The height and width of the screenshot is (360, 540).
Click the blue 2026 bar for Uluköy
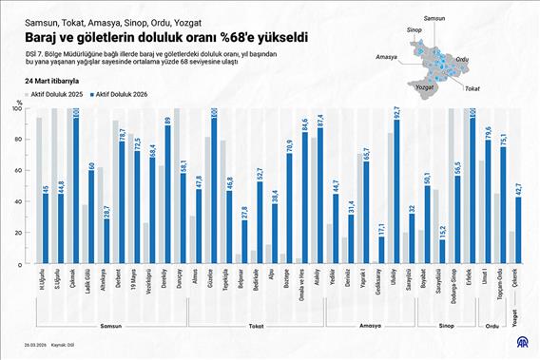click(x=395, y=189)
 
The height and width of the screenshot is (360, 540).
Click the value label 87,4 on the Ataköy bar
click(x=319, y=122)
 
